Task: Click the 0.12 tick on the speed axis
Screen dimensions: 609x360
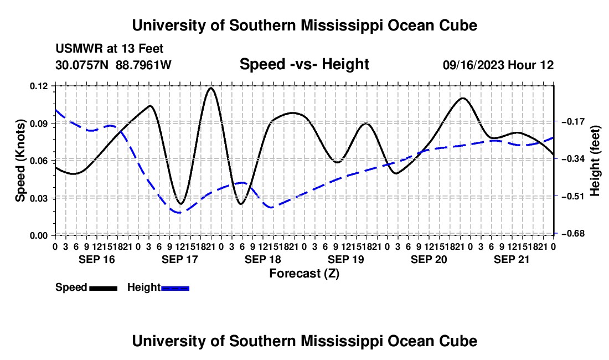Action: pyautogui.click(x=39, y=86)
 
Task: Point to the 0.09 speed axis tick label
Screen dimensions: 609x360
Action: pyautogui.click(x=39, y=124)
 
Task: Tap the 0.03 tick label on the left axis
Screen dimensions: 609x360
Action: pyautogui.click(x=39, y=198)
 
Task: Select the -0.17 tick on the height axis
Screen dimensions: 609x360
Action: pyautogui.click(x=573, y=121)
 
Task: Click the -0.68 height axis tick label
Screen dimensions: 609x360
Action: pyautogui.click(x=573, y=233)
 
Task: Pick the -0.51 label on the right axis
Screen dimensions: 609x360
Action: pyautogui.click(x=573, y=196)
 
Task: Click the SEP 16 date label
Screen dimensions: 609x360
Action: pyautogui.click(x=97, y=259)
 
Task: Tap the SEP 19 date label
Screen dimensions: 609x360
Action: pyautogui.click(x=345, y=259)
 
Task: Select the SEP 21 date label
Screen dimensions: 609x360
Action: pyautogui.click(x=512, y=259)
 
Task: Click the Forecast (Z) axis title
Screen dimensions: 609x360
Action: pyautogui.click(x=304, y=274)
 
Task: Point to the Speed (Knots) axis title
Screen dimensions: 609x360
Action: pyautogui.click(x=20, y=161)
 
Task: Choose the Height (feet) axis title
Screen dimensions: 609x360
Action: pyautogui.click(x=595, y=161)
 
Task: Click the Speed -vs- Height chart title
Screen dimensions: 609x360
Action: pyautogui.click(x=304, y=64)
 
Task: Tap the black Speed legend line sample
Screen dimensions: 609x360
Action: pyautogui.click(x=104, y=288)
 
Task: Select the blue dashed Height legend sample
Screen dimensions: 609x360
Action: pyautogui.click(x=175, y=288)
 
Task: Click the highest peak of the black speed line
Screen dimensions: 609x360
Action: pyautogui.click(x=211, y=88)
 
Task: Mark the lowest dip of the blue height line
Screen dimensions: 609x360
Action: pyautogui.click(x=179, y=212)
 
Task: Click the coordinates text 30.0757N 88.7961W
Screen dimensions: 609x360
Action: pyautogui.click(x=113, y=65)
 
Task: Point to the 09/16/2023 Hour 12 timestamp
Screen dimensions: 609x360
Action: pyautogui.click(x=498, y=65)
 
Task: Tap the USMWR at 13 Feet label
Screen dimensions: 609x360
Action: pyautogui.click(x=110, y=49)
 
